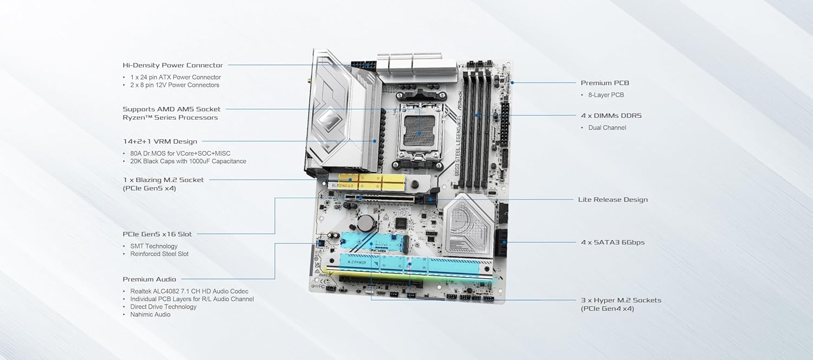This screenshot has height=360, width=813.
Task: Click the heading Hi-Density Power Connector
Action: click(x=173, y=65)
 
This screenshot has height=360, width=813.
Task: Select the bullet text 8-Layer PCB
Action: click(x=606, y=95)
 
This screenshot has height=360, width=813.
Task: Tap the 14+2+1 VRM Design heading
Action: click(x=160, y=142)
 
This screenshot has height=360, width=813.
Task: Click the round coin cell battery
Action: click(x=365, y=223)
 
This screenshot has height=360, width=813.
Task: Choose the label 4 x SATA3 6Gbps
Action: click(x=612, y=242)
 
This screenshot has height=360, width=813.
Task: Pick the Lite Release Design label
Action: click(x=612, y=200)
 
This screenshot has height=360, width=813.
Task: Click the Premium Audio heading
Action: click(x=149, y=279)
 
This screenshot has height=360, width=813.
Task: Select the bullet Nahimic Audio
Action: click(x=150, y=314)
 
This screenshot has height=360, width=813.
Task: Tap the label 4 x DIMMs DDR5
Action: click(x=611, y=116)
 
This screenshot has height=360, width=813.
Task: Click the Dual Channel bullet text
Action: click(x=607, y=128)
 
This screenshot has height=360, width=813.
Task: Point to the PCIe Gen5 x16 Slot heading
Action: click(x=157, y=234)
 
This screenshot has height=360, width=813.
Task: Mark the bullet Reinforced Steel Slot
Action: click(x=159, y=254)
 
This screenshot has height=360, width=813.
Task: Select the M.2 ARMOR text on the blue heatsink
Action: click(x=357, y=262)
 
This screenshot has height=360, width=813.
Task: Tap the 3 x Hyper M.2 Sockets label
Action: click(x=621, y=300)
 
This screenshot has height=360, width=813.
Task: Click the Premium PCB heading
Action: click(x=605, y=83)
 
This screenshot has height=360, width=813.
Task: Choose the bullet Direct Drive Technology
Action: click(x=163, y=307)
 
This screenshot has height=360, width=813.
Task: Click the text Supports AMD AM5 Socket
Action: click(x=171, y=109)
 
